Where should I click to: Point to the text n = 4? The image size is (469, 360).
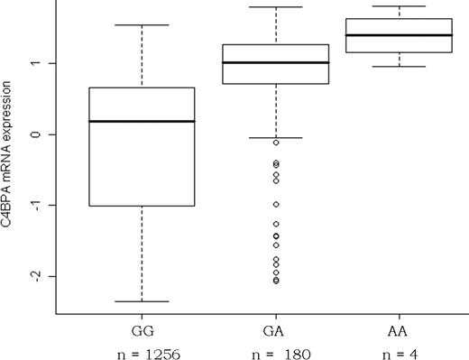point(400,352)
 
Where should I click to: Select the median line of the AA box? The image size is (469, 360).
point(400,35)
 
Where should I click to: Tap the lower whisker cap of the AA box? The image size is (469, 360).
point(400,66)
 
